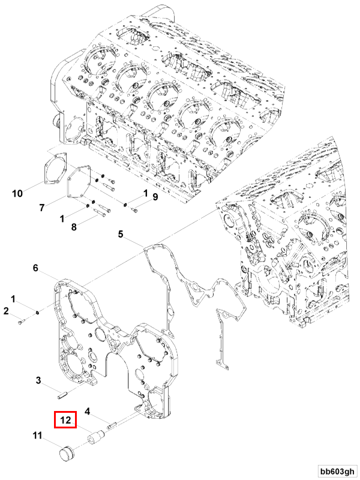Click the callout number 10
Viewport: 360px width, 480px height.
17,193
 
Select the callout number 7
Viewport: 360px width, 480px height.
42,208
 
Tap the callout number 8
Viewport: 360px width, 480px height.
74,227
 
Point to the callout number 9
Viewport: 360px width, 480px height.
154,197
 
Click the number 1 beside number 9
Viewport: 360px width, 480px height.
145,193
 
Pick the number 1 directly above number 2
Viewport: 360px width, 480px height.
13,299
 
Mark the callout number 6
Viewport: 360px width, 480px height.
35,269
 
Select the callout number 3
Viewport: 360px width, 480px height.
38,380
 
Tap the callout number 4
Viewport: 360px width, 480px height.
87,412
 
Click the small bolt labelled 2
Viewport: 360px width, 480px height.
22,322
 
